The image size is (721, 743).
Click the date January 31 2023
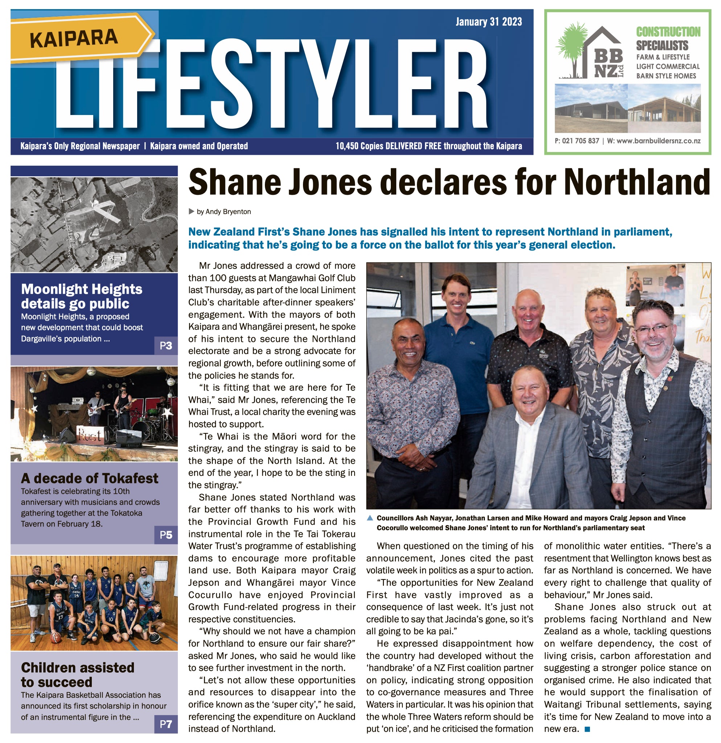pos(488,22)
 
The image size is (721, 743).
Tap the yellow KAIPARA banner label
pos(74,38)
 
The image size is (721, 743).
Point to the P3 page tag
pos(166,346)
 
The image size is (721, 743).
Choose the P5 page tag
pos(166,535)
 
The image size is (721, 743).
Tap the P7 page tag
pos(166,725)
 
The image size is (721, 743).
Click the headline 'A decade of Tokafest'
pos(90,478)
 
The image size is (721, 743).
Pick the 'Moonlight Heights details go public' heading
pos(82,297)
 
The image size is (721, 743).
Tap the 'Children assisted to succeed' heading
pos(77,675)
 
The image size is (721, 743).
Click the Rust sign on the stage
pos(90,435)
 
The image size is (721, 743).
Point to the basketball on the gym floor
pos(56,638)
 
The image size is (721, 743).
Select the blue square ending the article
pos(587,729)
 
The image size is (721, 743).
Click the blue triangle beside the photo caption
pos(370,518)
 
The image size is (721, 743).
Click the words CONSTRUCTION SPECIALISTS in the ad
pos(668,38)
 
